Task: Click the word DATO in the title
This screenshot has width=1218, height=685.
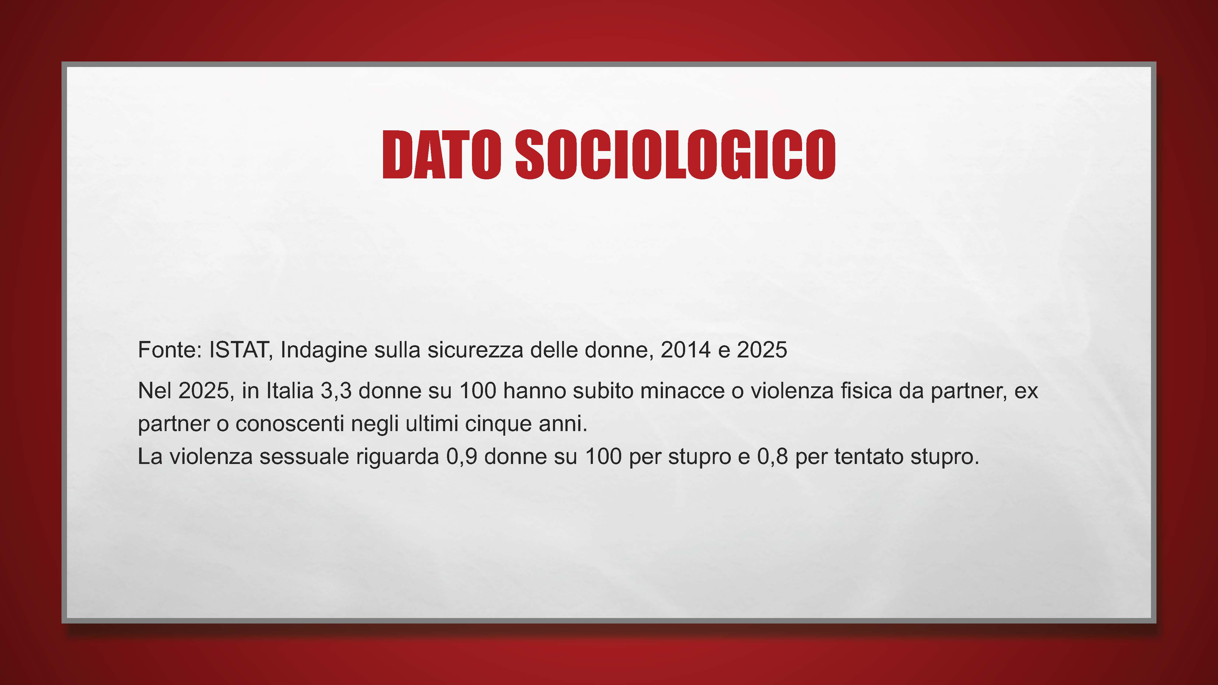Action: pyautogui.click(x=441, y=155)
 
